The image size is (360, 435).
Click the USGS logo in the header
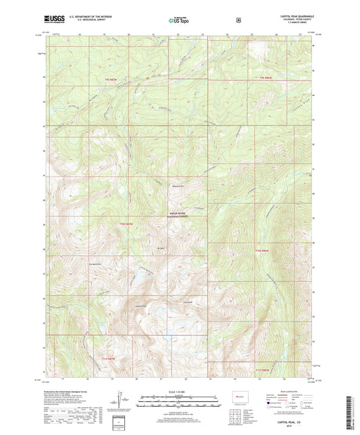point(55,20)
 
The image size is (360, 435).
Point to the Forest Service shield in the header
point(238,20)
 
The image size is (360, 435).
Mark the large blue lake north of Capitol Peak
point(143,276)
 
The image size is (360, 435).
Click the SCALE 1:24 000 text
point(180,390)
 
